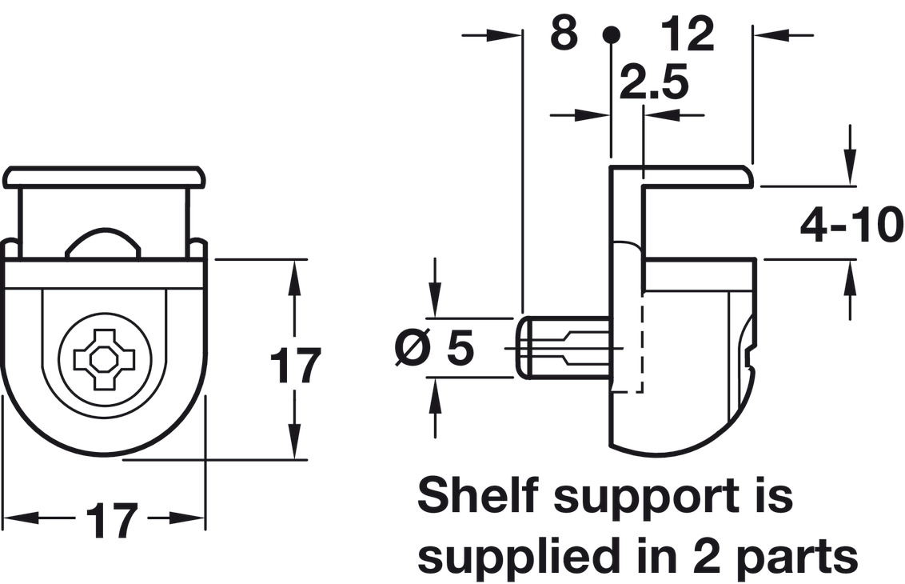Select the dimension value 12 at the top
pyautogui.click(x=688, y=33)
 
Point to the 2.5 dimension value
pyautogui.click(x=654, y=82)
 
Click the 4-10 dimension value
pyautogui.click(x=852, y=225)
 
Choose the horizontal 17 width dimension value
pyautogui.click(x=111, y=520)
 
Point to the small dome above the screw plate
pyautogui.click(x=104, y=242)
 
